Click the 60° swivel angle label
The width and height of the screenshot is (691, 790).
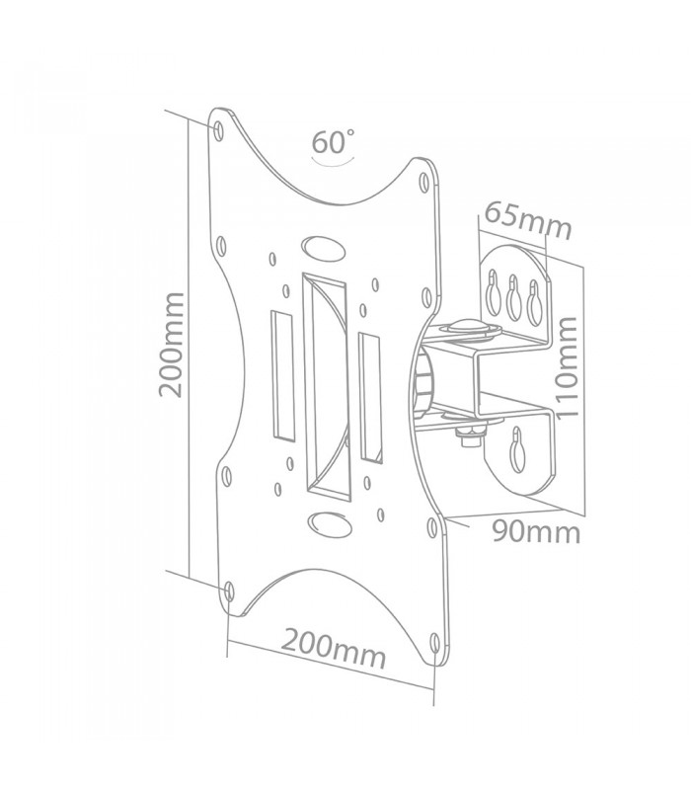(x=333, y=141)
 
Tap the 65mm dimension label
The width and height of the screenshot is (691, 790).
(x=528, y=220)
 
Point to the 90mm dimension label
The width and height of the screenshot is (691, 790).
(x=536, y=531)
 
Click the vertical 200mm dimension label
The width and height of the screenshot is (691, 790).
(x=171, y=345)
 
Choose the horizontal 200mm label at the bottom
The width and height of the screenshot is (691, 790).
(x=333, y=648)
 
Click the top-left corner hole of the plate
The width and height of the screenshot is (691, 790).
(x=218, y=130)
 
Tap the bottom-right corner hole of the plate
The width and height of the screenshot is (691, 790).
(x=435, y=644)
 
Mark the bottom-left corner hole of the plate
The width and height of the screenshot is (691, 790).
(x=229, y=591)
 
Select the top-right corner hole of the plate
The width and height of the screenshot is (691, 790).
(x=424, y=182)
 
